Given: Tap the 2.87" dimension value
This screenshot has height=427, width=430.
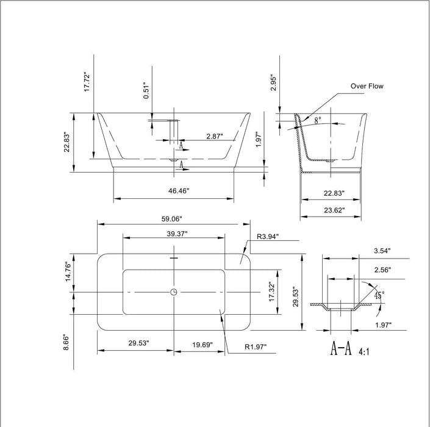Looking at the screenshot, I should pos(214,135).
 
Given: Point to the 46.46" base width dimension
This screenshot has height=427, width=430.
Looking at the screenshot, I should pos(179,191).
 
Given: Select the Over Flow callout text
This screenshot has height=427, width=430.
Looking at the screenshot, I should pos(367,87).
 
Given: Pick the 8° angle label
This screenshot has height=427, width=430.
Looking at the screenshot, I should pos(318,121).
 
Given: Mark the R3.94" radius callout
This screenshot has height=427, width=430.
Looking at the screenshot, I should pos(268,237).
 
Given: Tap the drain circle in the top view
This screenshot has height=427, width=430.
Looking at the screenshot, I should pos(174,292).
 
